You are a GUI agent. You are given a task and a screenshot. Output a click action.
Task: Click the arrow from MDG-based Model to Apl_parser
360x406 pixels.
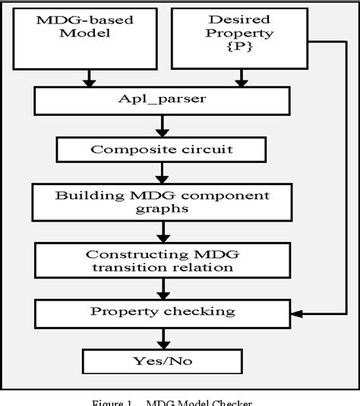coord(90,78)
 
